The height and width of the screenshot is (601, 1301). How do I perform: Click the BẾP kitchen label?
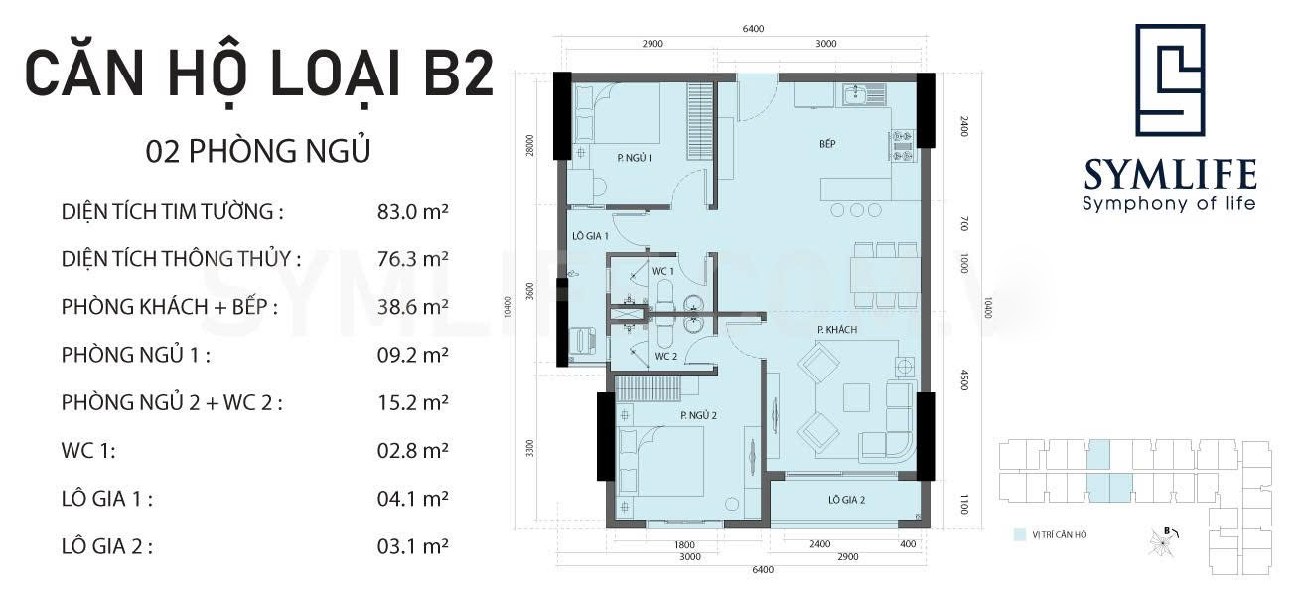tap(827, 143)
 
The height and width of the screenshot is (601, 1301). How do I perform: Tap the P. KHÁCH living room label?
tap(837, 329)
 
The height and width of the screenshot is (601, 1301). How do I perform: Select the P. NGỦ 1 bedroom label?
tap(635, 157)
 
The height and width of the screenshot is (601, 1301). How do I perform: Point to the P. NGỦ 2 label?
tap(699, 415)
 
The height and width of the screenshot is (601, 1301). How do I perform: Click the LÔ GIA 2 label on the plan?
tap(846, 500)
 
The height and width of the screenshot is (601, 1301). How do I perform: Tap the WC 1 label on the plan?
tap(663, 271)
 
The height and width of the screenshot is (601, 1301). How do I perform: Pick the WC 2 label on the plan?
tap(666, 356)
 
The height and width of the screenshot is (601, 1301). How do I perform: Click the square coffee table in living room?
tap(856, 397)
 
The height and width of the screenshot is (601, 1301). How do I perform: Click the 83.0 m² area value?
tap(412, 211)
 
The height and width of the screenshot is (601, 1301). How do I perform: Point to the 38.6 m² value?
tap(412, 306)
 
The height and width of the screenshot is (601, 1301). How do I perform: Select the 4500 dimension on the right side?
tap(964, 379)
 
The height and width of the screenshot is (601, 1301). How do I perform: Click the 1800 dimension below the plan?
tap(684, 544)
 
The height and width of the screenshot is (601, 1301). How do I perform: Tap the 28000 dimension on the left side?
tap(529, 145)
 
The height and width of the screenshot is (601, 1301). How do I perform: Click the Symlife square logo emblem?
tap(1170, 80)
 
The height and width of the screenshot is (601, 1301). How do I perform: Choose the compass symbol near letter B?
tap(1162, 543)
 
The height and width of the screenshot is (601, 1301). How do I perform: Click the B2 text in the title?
tap(459, 74)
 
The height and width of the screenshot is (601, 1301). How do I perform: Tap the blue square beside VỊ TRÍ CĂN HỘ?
tap(1020, 534)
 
